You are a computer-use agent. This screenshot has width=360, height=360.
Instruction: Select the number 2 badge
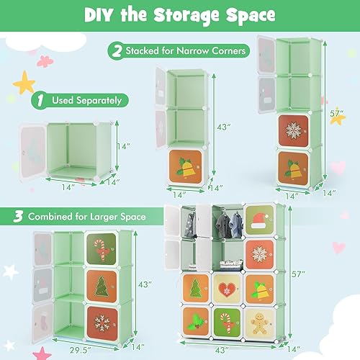[117, 51]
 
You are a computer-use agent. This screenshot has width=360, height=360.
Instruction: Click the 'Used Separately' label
[86, 101]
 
